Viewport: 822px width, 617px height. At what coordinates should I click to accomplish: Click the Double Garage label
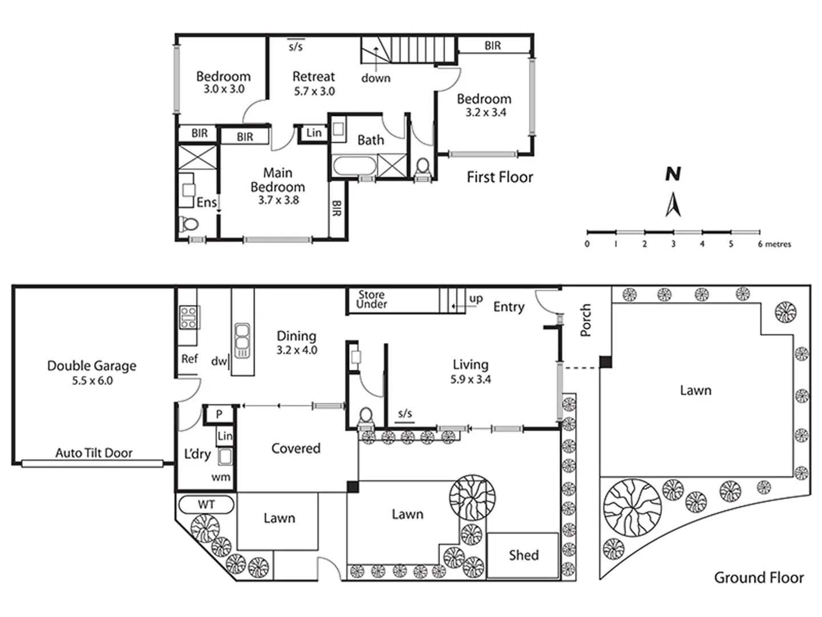coord(92,366)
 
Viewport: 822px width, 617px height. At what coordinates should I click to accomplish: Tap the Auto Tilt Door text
coord(94,453)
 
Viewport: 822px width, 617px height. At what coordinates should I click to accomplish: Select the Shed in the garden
coord(522,555)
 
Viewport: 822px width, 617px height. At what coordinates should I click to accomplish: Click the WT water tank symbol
coord(206,504)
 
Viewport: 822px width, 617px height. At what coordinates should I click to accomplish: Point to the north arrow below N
coord(674,205)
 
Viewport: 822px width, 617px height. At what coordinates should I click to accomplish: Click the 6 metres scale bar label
coord(774,245)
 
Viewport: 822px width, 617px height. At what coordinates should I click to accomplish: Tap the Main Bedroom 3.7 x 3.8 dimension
coord(278,201)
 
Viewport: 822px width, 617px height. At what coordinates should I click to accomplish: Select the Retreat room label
coord(313,77)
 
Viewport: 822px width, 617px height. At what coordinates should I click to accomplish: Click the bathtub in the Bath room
coord(354,167)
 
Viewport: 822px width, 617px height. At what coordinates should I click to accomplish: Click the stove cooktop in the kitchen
coord(188,317)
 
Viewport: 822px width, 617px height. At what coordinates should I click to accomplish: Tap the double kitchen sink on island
coord(242,339)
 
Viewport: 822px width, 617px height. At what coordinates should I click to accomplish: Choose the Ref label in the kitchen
coord(190,359)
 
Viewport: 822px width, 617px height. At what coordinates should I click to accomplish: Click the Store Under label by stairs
coord(371,299)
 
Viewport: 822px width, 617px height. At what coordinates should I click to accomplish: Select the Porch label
coord(586,320)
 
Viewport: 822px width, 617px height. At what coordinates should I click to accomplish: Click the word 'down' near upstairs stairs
coord(376,78)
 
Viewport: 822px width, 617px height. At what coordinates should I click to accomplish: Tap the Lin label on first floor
coord(314,133)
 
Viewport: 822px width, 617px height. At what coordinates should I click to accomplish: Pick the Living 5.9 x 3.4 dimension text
coord(470,379)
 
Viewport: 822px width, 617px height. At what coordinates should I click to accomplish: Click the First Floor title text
coord(499,178)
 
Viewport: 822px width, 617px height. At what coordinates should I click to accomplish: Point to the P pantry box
coord(219,414)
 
